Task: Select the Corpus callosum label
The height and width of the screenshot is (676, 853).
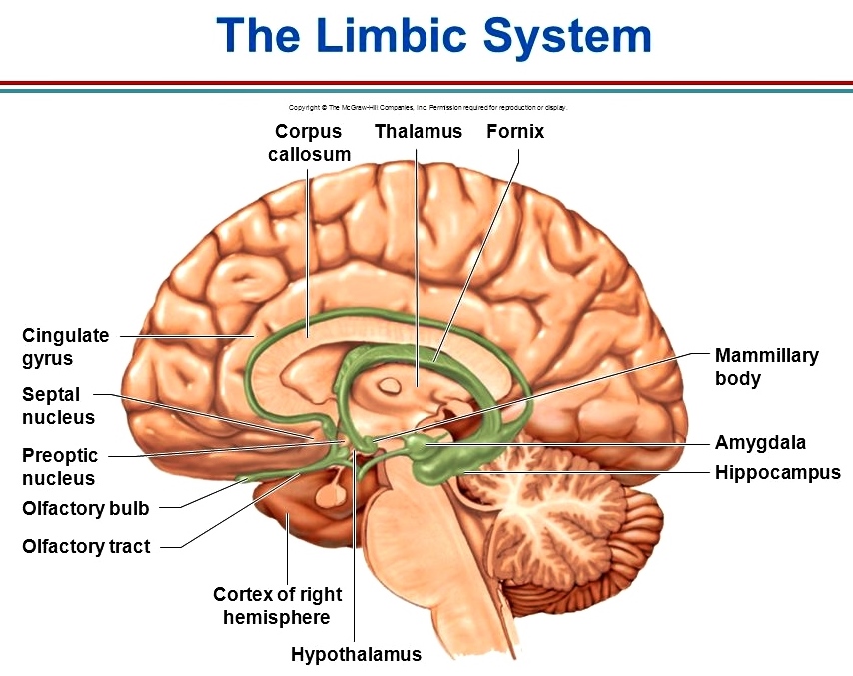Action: (309, 142)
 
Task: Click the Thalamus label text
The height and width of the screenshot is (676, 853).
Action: (419, 131)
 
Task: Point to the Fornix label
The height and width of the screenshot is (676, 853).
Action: (515, 131)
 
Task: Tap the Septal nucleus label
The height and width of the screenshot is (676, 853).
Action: (58, 406)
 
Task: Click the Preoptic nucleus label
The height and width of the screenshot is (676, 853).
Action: (60, 467)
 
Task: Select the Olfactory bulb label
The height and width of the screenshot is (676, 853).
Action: (85, 508)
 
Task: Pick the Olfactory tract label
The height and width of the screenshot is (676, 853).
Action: (86, 546)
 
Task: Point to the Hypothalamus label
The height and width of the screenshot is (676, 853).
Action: (356, 655)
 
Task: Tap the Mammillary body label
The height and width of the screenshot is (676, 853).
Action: (766, 366)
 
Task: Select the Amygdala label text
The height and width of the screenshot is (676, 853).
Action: (760, 442)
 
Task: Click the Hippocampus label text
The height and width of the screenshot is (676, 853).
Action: (777, 472)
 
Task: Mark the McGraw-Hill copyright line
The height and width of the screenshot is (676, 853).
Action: (426, 107)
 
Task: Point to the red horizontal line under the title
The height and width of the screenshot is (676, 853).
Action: (426, 83)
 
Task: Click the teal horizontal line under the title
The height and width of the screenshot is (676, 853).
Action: (426, 90)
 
